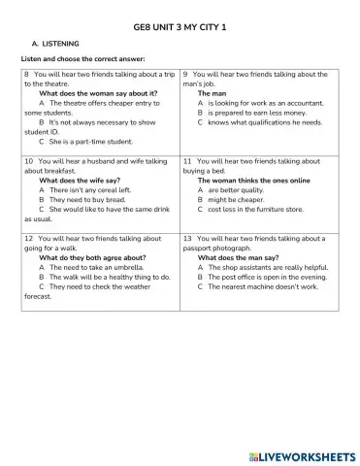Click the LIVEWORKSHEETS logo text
click(301, 455)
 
